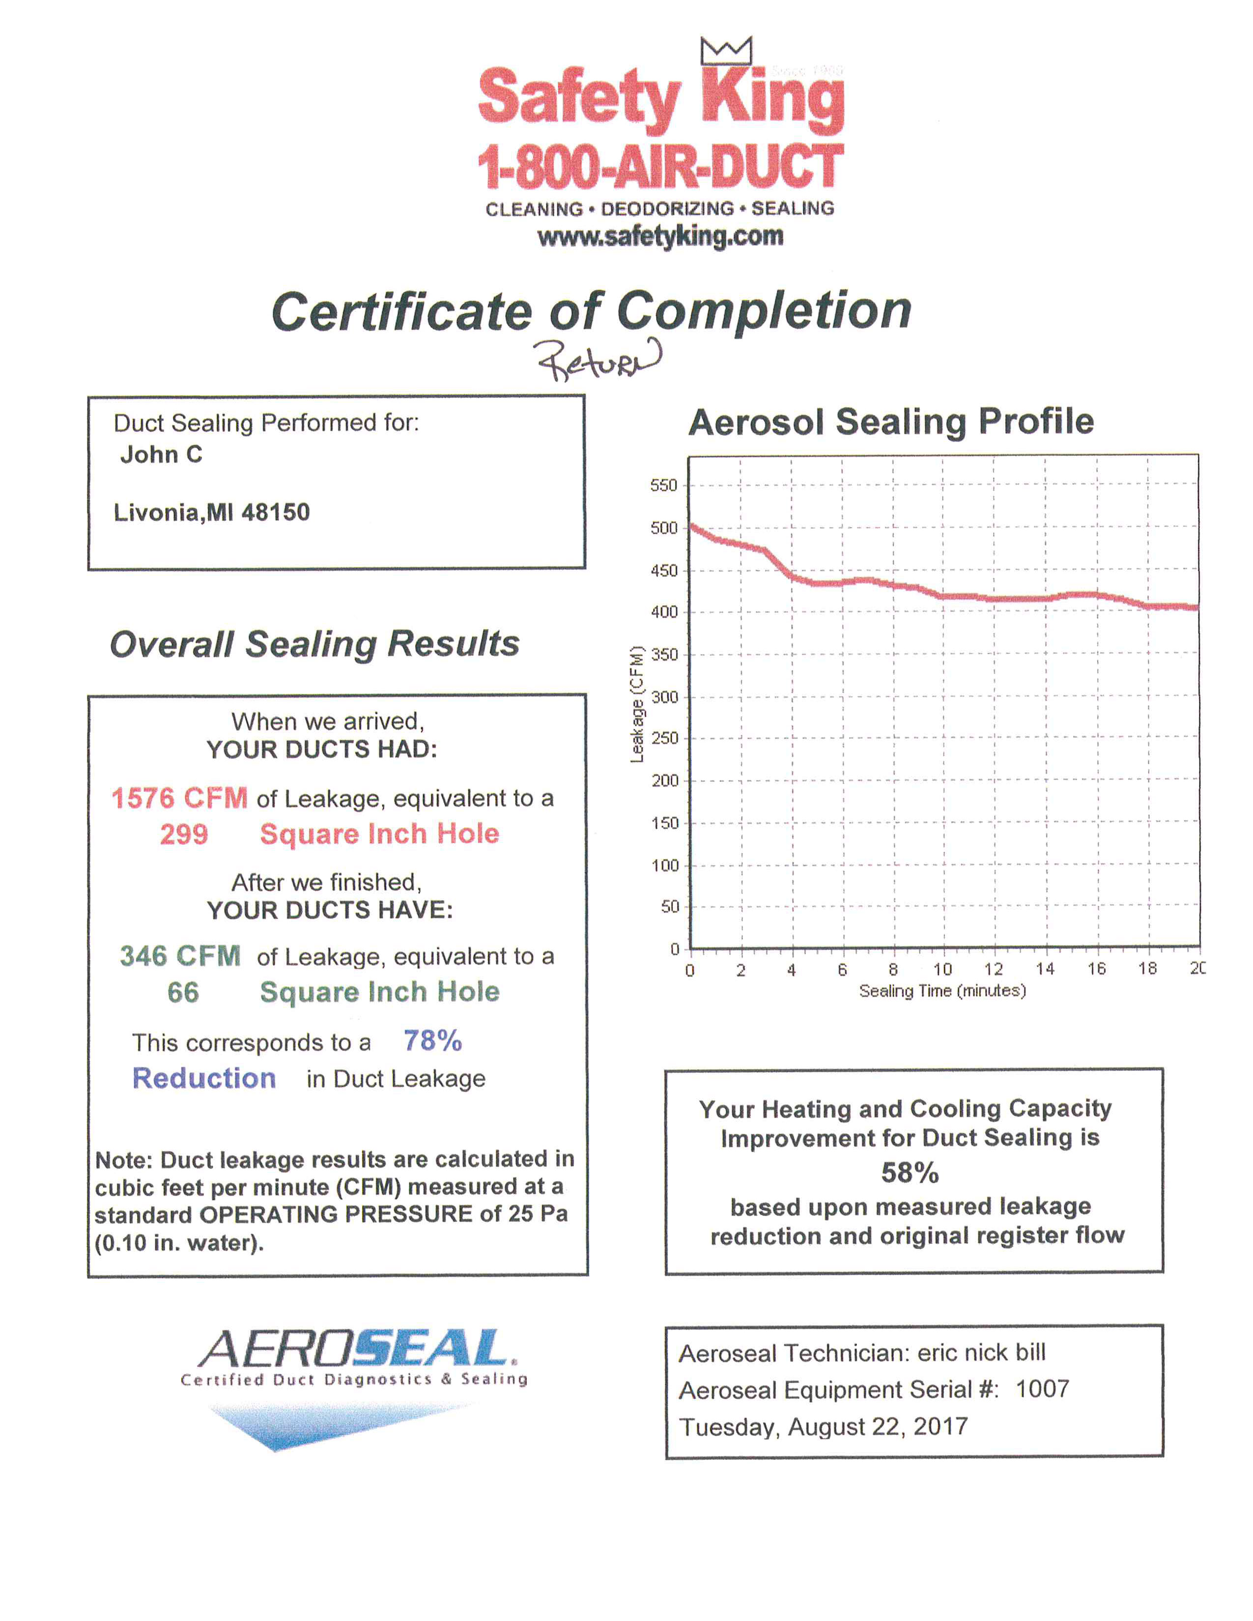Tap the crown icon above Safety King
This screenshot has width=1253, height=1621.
point(725,51)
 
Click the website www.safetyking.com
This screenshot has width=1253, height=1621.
point(660,237)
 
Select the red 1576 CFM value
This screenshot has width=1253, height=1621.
point(179,798)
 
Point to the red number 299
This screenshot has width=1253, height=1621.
point(184,834)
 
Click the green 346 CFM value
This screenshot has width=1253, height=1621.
point(180,956)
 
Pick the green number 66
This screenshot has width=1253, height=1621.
point(183,992)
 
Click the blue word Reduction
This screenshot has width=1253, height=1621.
point(204,1078)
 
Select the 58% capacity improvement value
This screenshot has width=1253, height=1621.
point(910,1173)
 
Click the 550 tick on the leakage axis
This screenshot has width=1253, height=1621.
point(664,485)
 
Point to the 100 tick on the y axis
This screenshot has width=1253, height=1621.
point(665,866)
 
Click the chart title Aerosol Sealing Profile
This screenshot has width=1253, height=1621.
point(891,421)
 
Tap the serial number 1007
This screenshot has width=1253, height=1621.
point(1042,1389)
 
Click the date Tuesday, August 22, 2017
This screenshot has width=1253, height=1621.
point(824,1426)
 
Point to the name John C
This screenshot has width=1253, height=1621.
point(161,454)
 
